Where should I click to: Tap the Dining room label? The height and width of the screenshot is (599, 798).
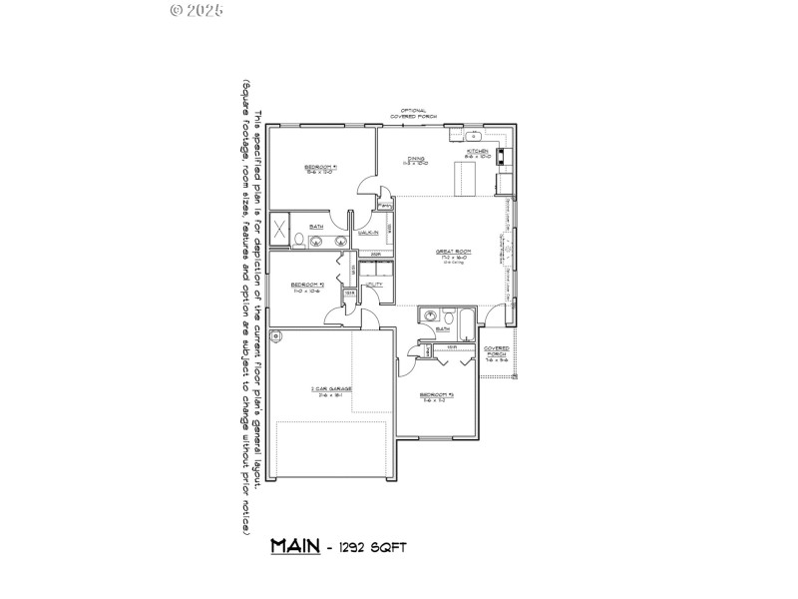(x=415, y=160)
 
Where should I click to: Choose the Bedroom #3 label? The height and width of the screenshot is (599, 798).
(x=436, y=395)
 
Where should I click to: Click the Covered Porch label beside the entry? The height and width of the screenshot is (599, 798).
(x=497, y=353)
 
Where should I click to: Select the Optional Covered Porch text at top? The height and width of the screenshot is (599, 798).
(x=415, y=114)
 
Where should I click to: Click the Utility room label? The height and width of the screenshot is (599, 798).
(x=374, y=285)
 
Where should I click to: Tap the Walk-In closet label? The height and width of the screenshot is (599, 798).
(x=367, y=232)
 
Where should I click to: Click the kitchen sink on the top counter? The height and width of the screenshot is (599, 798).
(x=473, y=135)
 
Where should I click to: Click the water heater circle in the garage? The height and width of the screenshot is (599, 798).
(x=276, y=334)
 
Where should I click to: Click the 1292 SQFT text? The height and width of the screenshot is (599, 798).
(x=372, y=548)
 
